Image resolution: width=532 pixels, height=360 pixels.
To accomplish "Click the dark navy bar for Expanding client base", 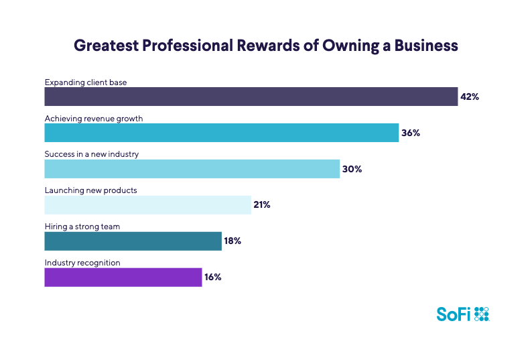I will (x=251, y=97).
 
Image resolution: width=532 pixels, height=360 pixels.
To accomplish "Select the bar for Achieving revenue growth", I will (x=221, y=133).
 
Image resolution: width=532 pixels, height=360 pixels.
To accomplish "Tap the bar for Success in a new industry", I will (x=192, y=169).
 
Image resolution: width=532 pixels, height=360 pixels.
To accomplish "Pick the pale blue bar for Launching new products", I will (x=147, y=205).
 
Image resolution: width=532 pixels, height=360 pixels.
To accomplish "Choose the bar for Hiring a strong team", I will (x=133, y=241).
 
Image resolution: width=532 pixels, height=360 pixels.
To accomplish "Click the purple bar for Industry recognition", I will (x=123, y=278).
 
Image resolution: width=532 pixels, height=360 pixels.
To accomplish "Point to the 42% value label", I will (x=470, y=97).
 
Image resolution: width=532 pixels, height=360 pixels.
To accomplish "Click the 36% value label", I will (x=410, y=133).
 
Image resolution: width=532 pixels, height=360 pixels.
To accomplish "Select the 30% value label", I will (x=352, y=169).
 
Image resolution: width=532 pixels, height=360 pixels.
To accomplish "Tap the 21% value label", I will (x=261, y=205).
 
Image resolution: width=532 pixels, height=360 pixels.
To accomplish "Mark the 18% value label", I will (x=232, y=241).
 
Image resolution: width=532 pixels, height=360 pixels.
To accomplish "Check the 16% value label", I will (x=212, y=278).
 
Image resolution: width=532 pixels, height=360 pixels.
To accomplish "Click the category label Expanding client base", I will (x=85, y=82).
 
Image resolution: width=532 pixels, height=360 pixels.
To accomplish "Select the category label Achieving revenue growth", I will (x=94, y=119).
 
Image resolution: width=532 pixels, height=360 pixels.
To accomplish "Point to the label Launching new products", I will (x=90, y=190).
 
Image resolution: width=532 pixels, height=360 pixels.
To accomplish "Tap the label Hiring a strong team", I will (x=82, y=227).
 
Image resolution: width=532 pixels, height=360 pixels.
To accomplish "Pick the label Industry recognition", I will (x=82, y=263).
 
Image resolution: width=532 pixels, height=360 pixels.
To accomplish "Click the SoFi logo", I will (x=463, y=314).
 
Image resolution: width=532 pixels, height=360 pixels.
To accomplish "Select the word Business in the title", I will (x=425, y=46).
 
